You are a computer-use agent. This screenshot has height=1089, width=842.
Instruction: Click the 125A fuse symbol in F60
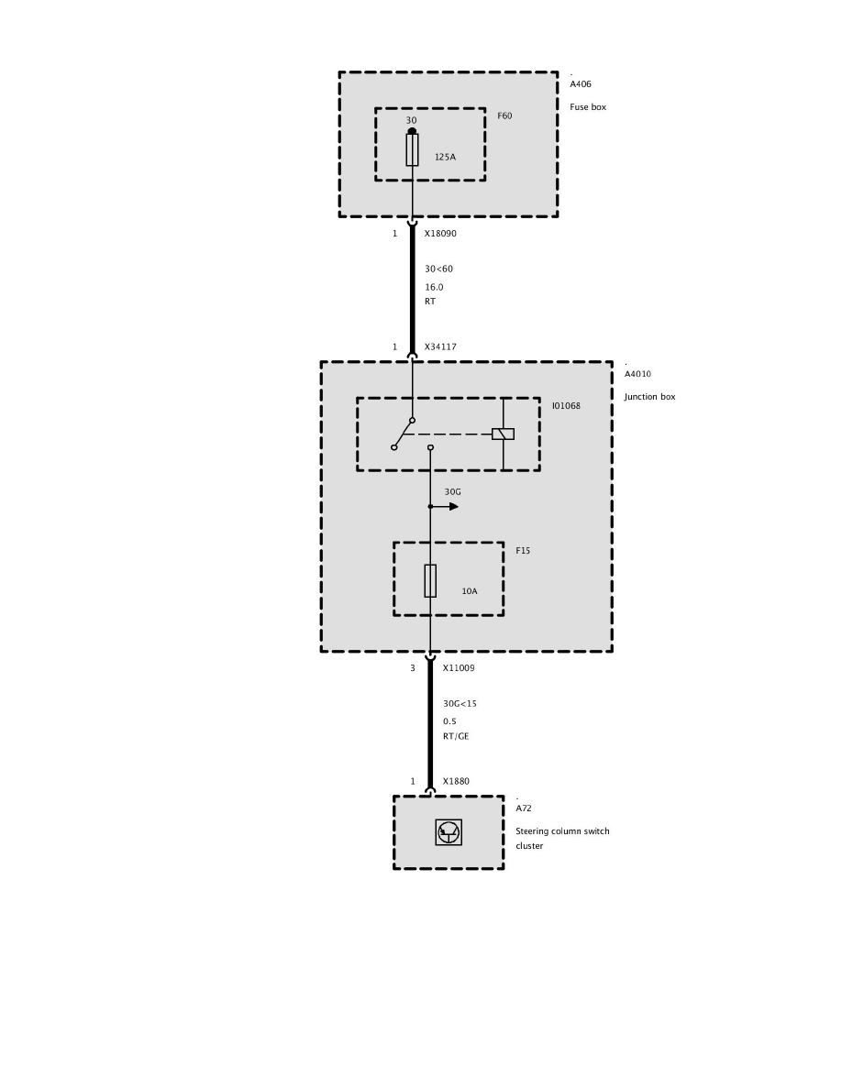(412, 149)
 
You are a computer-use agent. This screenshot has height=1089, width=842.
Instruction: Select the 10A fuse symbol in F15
(430, 580)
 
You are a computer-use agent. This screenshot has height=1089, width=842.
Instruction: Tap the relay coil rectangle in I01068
(503, 434)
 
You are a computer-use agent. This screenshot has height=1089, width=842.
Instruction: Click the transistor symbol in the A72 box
(449, 832)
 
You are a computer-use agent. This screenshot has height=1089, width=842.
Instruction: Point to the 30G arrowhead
(453, 506)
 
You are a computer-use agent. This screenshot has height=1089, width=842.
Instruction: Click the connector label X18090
(440, 234)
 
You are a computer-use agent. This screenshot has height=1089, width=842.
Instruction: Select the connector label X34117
(440, 347)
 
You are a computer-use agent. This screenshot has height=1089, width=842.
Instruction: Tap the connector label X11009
(459, 668)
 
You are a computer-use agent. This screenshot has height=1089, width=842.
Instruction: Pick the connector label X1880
(456, 782)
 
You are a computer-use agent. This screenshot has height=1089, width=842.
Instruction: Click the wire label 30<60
(438, 269)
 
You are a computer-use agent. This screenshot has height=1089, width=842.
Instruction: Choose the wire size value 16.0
(434, 287)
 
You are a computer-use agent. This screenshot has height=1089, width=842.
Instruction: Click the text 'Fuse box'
(588, 107)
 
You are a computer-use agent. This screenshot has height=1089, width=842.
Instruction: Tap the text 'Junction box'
(649, 397)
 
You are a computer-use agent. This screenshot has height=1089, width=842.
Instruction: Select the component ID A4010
(638, 374)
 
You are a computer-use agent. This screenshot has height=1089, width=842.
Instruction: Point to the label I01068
(566, 405)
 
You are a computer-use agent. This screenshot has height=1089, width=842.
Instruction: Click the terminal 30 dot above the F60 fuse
(412, 131)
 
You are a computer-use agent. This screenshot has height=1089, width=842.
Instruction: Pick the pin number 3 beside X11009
(413, 668)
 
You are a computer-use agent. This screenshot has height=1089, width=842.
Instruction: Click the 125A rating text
(445, 157)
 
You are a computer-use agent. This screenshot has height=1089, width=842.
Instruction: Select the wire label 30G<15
(460, 704)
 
